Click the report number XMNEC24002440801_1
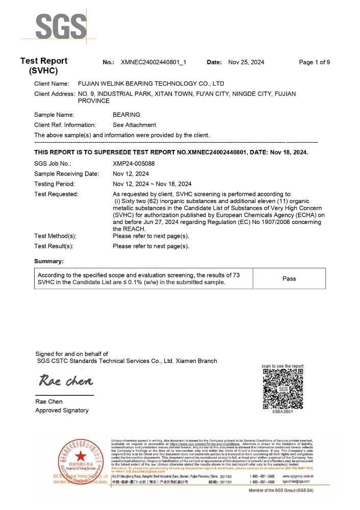coord(153,62)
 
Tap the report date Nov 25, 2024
coord(246,62)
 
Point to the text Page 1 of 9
coord(314,62)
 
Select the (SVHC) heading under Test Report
coord(43,70)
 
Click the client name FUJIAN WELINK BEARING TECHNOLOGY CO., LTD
coord(150,84)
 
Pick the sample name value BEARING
coord(126,115)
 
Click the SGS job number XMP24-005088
coord(133,164)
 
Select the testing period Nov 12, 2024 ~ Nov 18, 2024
coord(152,184)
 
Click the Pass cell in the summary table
coord(289,278)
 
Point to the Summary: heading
coord(49,261)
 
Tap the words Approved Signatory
coord(62,410)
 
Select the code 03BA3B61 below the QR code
coord(282,412)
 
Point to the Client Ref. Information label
coord(65,125)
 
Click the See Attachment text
coord(134,125)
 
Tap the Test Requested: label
coord(56,194)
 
